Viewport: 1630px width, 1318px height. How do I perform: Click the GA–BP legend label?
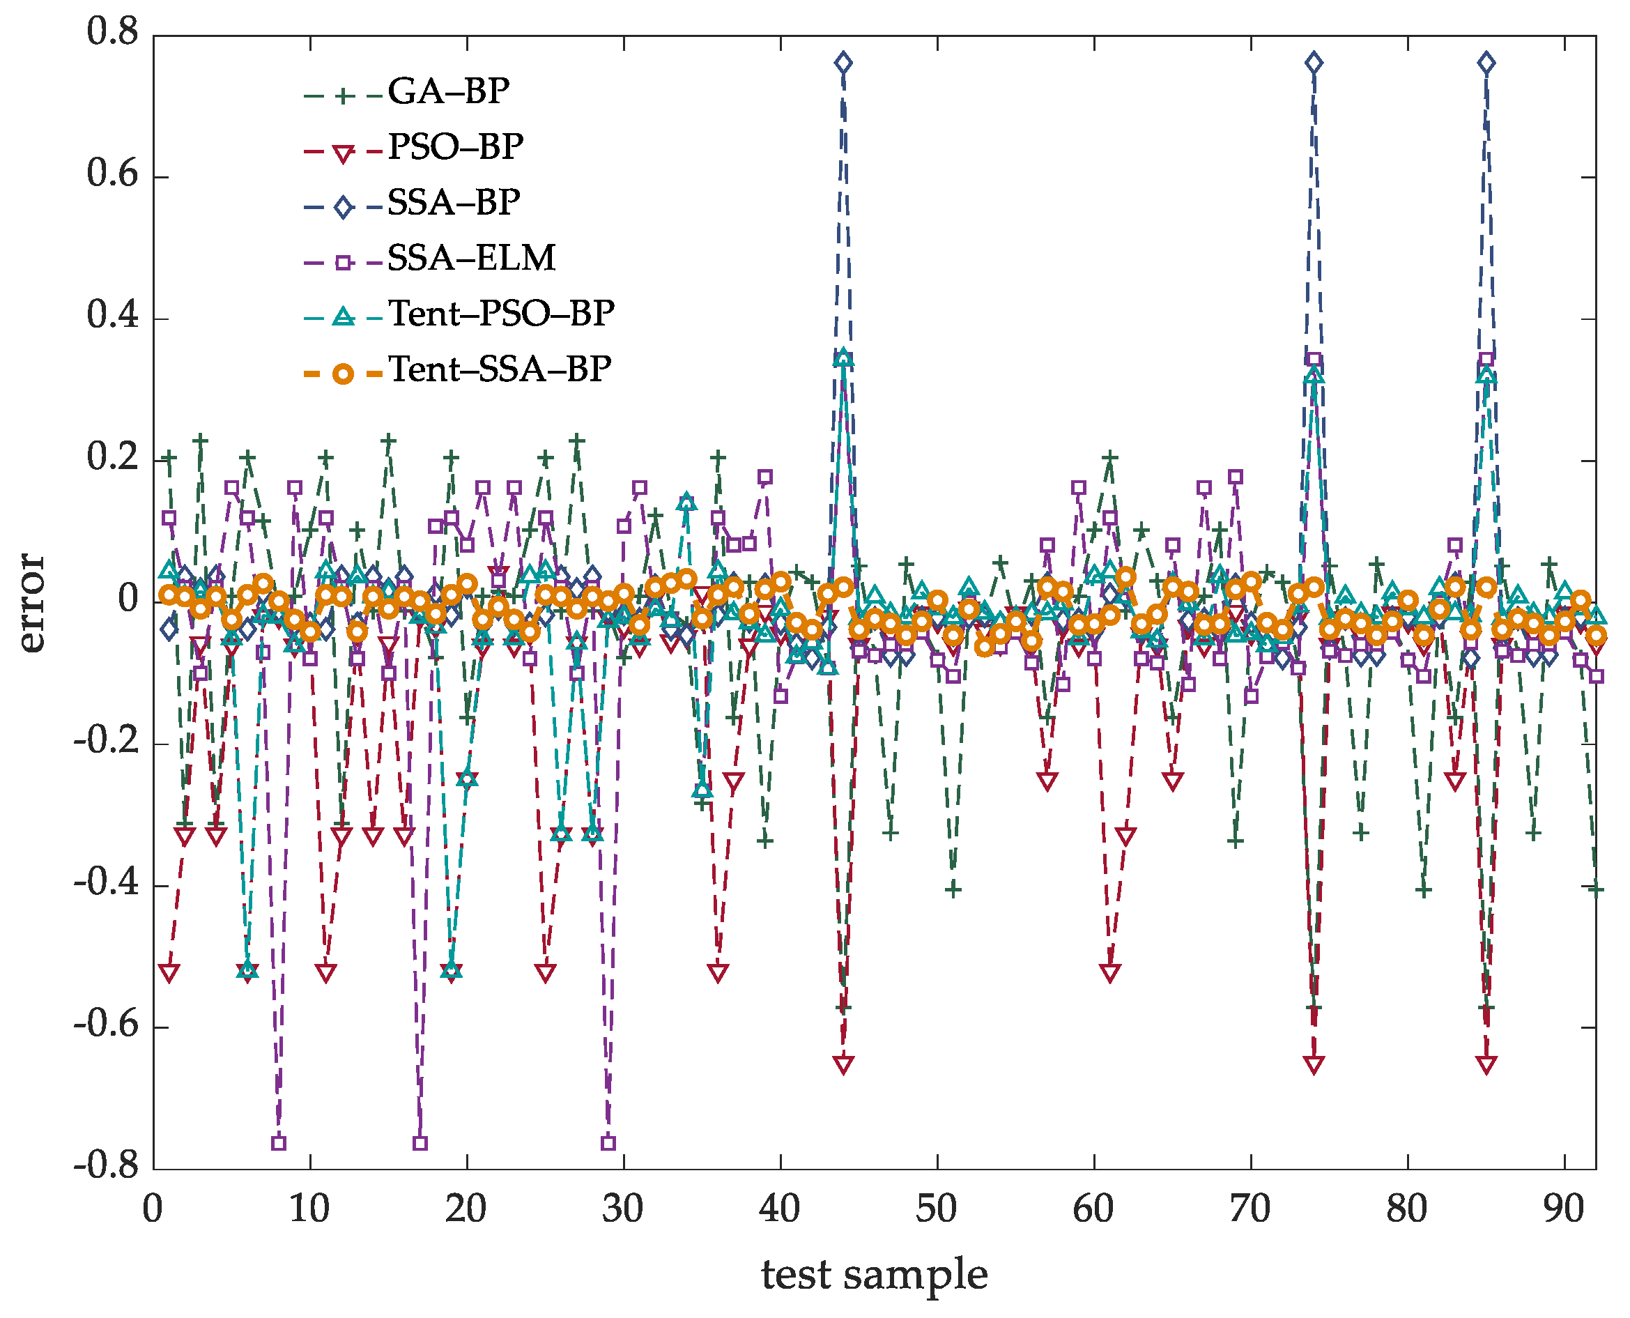point(448,92)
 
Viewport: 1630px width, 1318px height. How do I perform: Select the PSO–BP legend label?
point(455,147)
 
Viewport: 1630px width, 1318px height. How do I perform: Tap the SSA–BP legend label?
point(453,203)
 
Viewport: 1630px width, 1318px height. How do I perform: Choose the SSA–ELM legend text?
point(470,259)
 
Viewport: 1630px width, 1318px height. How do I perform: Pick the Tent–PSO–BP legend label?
point(501,314)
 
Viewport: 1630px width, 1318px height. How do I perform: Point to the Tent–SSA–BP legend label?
point(500,369)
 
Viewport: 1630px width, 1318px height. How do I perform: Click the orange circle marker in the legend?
point(343,374)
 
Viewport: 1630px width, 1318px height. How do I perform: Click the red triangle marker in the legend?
point(343,154)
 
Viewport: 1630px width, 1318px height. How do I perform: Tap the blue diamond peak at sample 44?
point(843,63)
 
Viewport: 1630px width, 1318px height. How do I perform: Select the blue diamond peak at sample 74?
point(1314,63)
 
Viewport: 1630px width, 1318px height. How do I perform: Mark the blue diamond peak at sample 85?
point(1486,63)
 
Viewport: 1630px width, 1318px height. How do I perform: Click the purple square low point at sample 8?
point(279,1142)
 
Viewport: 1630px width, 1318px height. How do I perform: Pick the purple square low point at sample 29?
point(608,1142)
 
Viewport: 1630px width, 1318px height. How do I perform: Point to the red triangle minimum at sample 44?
point(843,1064)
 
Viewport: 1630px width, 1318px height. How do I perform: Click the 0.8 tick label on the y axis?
point(112,32)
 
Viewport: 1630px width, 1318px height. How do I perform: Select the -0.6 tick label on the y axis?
point(107,1025)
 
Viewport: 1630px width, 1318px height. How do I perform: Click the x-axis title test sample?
point(874,1274)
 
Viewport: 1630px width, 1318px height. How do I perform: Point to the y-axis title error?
point(32,603)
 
